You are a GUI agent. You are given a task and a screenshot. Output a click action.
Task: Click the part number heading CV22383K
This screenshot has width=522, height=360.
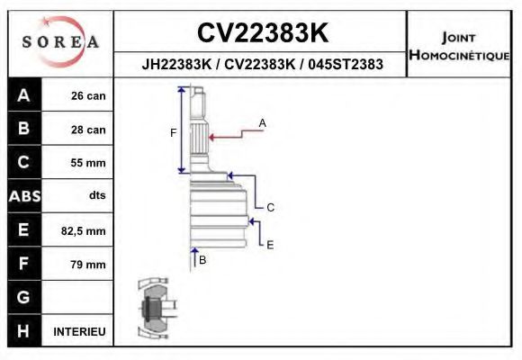tap(262, 33)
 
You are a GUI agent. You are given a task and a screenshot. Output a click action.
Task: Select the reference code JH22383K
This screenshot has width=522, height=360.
tap(177, 65)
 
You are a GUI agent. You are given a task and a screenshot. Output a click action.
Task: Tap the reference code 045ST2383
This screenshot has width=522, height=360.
tap(346, 65)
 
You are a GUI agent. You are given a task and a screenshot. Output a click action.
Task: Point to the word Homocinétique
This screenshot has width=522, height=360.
tap(459, 56)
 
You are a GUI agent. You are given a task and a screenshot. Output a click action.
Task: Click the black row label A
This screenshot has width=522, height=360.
tap(23, 95)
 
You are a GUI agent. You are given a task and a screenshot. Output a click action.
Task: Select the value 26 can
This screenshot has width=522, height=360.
tap(88, 96)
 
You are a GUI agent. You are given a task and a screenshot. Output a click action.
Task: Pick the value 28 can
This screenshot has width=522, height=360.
tap(88, 130)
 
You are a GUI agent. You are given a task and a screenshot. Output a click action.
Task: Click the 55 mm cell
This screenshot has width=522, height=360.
tap(88, 163)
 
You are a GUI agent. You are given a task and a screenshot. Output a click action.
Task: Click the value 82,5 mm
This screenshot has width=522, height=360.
tap(83, 231)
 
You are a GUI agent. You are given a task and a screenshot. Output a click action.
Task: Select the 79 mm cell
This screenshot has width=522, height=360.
tap(88, 265)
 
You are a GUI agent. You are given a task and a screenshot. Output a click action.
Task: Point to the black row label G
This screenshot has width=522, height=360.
tap(23, 298)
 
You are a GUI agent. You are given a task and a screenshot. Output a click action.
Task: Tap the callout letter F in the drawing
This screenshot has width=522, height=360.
tap(173, 133)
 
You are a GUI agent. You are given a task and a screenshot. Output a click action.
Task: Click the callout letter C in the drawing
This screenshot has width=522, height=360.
tap(270, 207)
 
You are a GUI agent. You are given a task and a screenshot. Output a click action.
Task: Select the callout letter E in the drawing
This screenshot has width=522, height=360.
tap(270, 243)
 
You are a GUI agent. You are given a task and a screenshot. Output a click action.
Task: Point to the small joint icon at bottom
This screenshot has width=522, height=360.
tap(154, 309)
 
